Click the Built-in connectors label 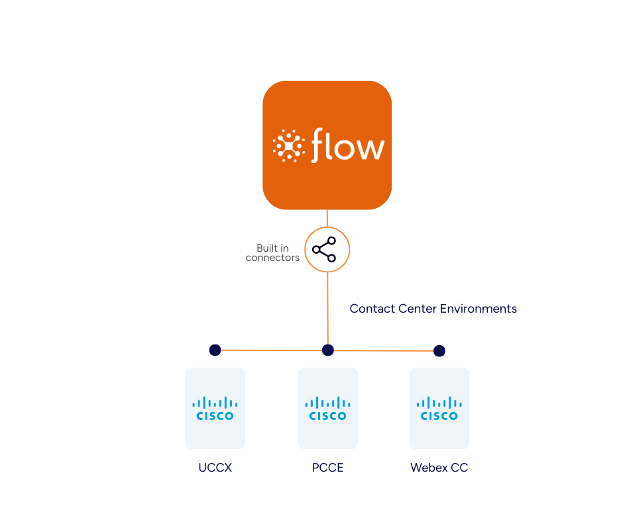tap(273, 253)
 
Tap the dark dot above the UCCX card tap(215, 350)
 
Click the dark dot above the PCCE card tap(327, 350)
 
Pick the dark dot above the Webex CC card tap(439, 350)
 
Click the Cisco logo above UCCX tap(215, 408)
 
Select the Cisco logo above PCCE tap(327, 408)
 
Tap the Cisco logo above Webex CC tap(439, 408)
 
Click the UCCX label tap(215, 468)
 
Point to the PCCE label tap(327, 468)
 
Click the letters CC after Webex tap(459, 468)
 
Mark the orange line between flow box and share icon tap(327, 219)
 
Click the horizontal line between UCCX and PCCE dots tap(271, 350)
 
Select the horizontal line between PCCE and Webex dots tap(383, 350)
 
